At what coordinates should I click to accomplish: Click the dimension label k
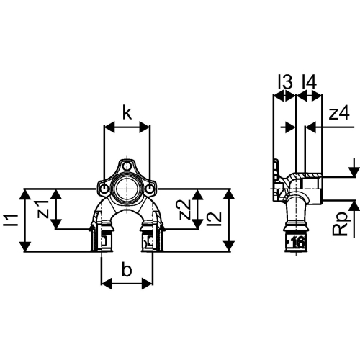click(127, 113)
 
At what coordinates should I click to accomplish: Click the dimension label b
click(127, 269)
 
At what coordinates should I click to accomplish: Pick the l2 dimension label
click(215, 215)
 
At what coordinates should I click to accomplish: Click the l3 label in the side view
click(285, 82)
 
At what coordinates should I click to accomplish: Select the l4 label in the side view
click(309, 82)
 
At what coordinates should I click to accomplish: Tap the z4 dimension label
click(339, 113)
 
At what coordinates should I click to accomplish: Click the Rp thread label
click(340, 224)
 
